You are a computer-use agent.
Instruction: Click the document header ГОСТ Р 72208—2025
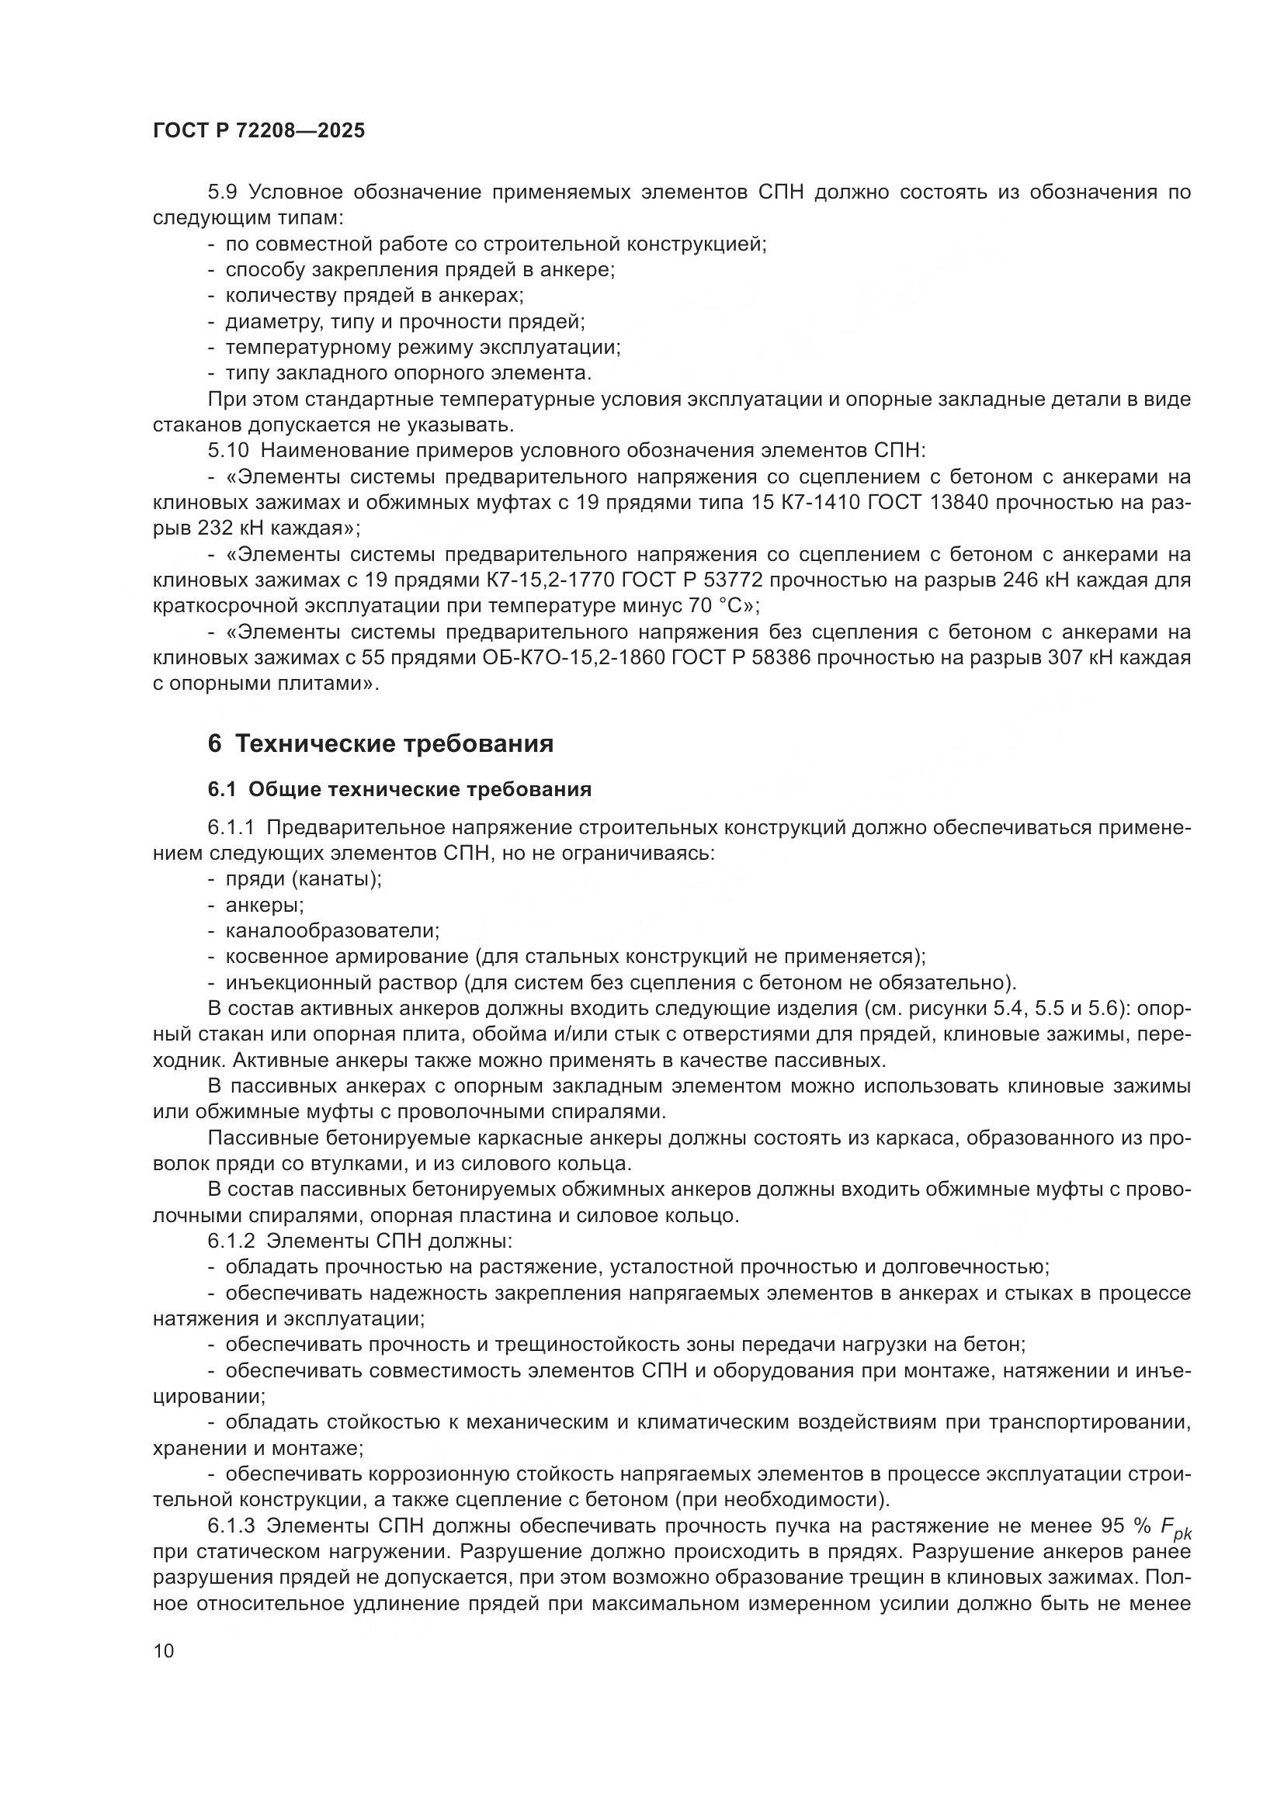point(259,131)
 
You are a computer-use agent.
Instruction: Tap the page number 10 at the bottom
point(164,1651)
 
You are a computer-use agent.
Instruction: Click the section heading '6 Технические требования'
point(380,744)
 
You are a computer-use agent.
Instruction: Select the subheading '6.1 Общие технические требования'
point(399,790)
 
